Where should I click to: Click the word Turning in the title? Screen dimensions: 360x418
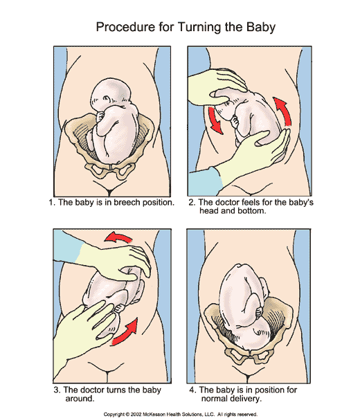coord(199,28)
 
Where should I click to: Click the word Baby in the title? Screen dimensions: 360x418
coord(260,28)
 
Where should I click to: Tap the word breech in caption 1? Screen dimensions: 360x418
coord(127,202)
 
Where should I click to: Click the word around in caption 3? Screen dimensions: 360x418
coord(80,399)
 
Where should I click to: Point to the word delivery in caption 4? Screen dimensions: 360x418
coord(245,399)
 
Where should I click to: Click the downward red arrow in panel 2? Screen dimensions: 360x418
coord(215,120)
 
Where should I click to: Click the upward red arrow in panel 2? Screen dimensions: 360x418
coord(282,111)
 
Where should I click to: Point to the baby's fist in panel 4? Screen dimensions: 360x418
coord(259,312)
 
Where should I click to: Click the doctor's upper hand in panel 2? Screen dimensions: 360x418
coord(217,87)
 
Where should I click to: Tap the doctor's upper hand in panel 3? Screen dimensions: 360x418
coord(116,262)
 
